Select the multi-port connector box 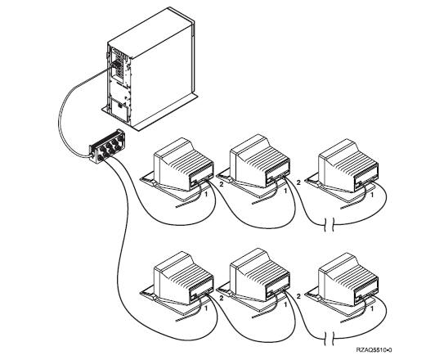tap(107, 146)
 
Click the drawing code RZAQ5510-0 tap(374, 350)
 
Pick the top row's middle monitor tap(255, 165)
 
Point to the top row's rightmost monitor tap(343, 170)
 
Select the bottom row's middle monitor tap(255, 279)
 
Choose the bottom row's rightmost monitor tap(343, 284)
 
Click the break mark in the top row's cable tap(330, 225)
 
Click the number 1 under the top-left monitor tap(206, 195)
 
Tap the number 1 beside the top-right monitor tap(372, 195)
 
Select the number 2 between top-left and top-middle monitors tap(222, 184)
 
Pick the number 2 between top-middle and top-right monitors tap(298, 182)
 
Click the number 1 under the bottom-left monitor tap(206, 308)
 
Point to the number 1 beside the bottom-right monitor tap(372, 308)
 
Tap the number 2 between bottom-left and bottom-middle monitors tap(222, 298)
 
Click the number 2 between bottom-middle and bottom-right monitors tap(298, 296)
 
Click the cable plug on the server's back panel tap(115, 65)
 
